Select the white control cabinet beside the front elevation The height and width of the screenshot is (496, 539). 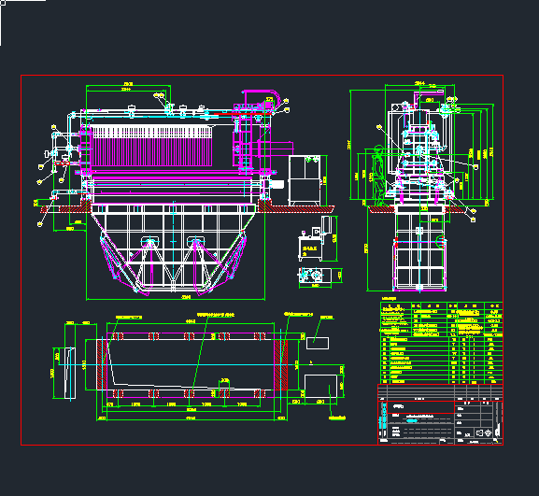[x=305, y=179]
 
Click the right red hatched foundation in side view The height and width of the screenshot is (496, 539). [x=456, y=208]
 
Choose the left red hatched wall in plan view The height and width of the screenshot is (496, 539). [x=104, y=361]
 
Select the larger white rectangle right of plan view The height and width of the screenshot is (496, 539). [x=320, y=385]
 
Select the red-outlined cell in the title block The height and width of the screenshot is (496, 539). [x=417, y=407]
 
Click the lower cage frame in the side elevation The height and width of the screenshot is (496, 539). [x=419, y=266]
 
